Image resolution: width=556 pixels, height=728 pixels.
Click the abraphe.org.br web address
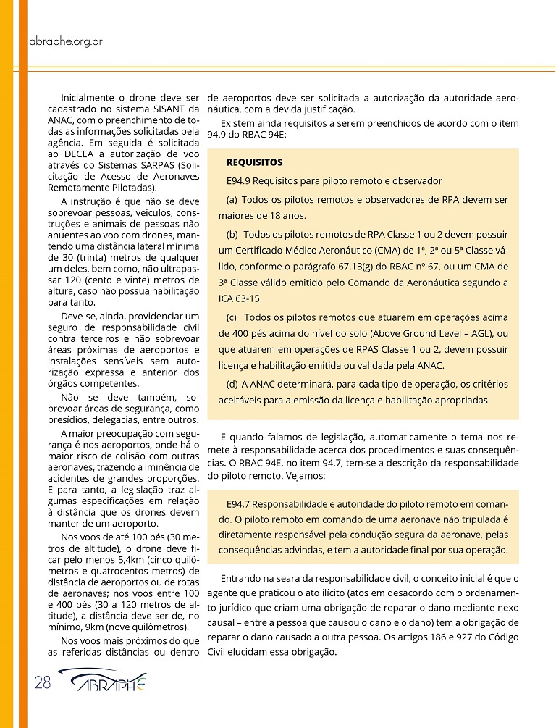pos(66,41)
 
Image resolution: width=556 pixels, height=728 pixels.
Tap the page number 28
pos(41,682)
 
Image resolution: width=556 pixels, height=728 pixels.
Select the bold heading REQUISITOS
pos(254,162)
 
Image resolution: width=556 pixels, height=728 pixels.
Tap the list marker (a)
pos(232,199)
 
